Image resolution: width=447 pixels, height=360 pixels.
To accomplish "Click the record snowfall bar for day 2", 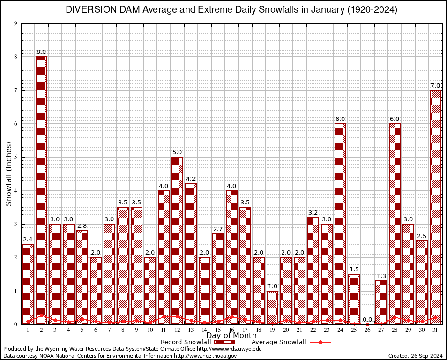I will click(x=41, y=190).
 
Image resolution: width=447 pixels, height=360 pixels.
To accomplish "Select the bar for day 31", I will click(x=435, y=207).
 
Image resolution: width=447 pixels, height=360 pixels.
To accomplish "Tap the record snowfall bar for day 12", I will click(x=177, y=240).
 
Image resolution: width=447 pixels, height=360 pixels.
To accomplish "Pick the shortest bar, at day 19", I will click(x=272, y=307).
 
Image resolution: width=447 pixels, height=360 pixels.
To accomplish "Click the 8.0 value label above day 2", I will click(x=41, y=52).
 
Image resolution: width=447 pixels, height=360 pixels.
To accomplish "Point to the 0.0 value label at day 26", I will click(x=367, y=319).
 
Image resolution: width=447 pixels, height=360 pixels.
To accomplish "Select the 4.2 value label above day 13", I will click(x=191, y=179).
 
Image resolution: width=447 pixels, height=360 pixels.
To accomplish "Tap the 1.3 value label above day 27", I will click(x=381, y=276).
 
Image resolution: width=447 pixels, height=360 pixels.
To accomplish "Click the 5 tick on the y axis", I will click(x=15, y=157).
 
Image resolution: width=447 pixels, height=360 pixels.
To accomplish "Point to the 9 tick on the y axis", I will click(x=15, y=23).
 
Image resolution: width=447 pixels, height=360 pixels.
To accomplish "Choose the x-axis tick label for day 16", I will click(x=231, y=330).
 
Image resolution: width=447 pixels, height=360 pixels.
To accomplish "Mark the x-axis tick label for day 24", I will click(x=340, y=330).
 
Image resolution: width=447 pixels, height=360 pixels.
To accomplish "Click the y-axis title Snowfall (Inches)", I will click(x=8, y=174).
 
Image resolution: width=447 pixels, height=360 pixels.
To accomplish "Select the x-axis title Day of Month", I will click(x=231, y=336).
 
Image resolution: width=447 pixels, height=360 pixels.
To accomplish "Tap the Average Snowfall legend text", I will click(x=278, y=342).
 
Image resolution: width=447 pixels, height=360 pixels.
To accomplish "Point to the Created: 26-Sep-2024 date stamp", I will click(x=415, y=356).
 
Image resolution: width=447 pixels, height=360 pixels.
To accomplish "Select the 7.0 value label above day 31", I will click(x=435, y=86).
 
